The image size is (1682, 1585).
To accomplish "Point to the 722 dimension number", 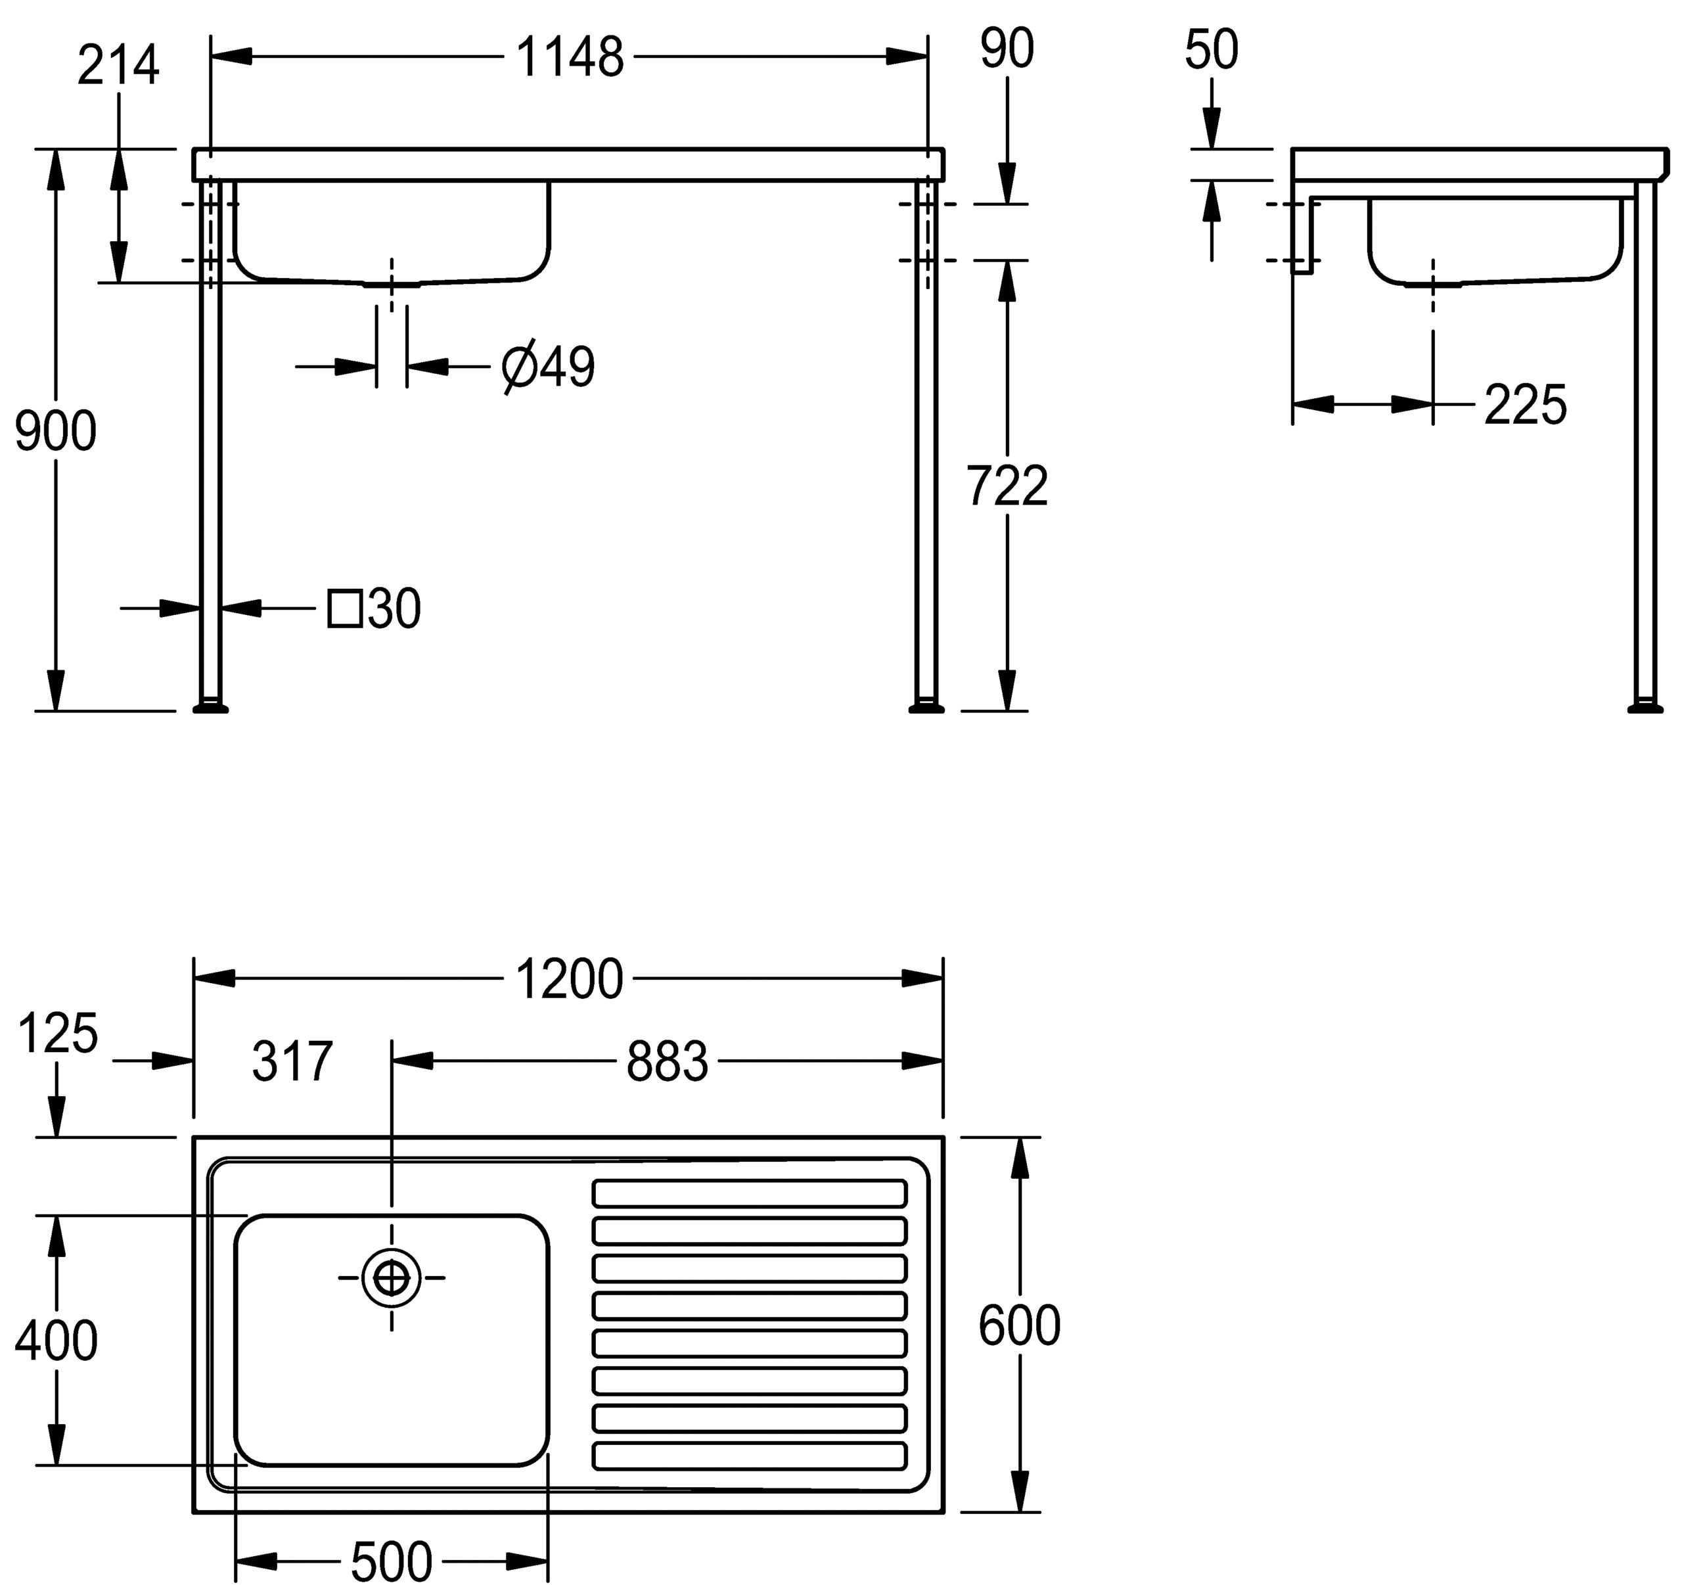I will click(x=1007, y=486).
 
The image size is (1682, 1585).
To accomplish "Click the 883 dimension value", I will click(x=667, y=1062).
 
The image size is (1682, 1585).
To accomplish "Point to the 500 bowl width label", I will click(x=392, y=1561).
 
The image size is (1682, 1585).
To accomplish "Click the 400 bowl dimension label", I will click(x=56, y=1341).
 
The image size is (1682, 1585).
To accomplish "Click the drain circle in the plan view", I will click(x=391, y=1278).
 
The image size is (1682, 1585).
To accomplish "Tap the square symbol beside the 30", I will click(x=344, y=609).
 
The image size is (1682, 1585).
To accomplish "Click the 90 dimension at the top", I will click(x=1007, y=49).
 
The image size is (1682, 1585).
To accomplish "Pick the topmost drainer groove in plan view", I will click(x=750, y=1193).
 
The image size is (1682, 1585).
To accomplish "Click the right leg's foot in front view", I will click(x=926, y=706).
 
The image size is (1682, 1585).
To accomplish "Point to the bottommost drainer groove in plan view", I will click(x=750, y=1456).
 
